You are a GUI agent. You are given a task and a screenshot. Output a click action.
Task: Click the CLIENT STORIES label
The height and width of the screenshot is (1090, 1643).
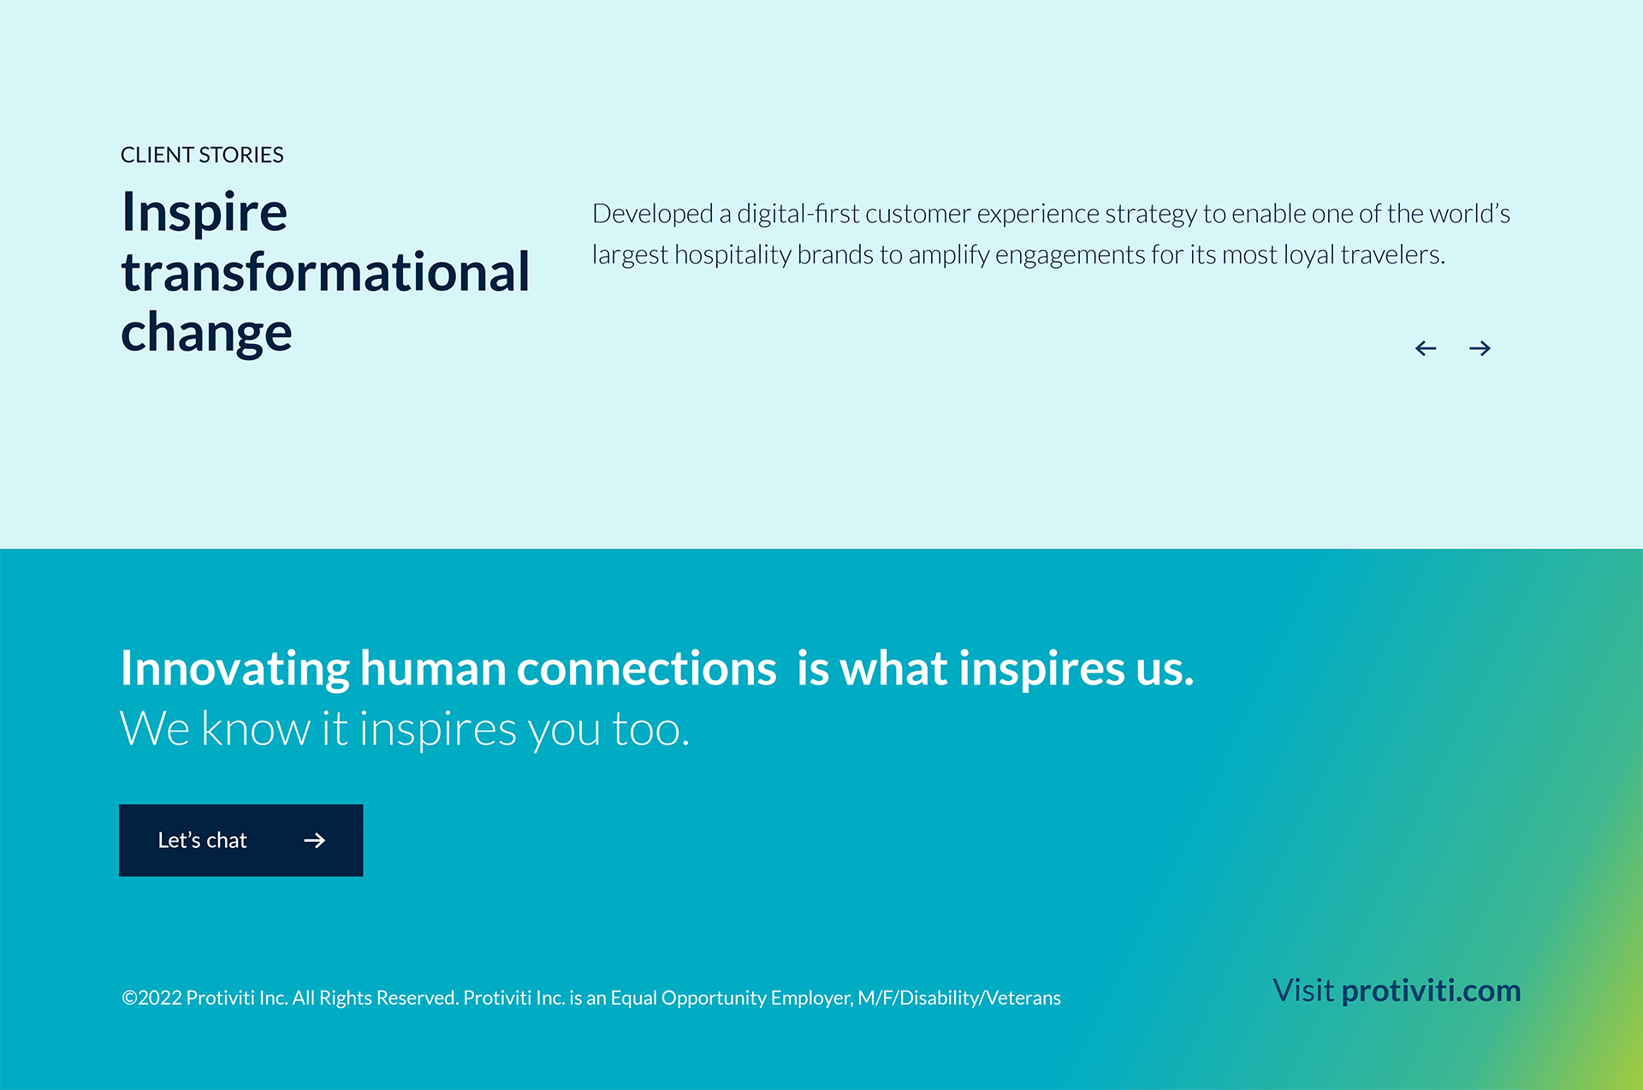tap(202, 155)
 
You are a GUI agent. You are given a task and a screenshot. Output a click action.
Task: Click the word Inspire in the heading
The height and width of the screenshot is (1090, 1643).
tap(205, 212)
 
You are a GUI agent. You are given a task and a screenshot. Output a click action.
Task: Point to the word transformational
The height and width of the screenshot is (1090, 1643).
tap(325, 272)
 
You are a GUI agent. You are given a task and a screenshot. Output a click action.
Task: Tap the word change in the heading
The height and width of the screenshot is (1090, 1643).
tap(206, 333)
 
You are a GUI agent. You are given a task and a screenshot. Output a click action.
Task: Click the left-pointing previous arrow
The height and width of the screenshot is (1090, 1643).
tap(1426, 348)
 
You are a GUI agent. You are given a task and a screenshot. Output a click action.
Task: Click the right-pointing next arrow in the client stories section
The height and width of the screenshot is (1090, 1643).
tap(1480, 348)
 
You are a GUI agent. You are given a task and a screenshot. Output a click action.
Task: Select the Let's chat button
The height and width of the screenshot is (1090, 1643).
tap(241, 840)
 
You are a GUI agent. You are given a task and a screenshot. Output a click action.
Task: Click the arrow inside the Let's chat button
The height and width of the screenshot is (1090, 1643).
tap(315, 840)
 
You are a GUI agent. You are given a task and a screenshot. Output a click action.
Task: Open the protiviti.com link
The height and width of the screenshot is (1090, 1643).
tap(1432, 991)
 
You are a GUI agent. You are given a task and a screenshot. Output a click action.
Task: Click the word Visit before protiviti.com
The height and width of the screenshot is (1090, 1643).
tap(1303, 990)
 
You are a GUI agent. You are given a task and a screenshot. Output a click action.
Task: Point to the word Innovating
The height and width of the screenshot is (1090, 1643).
tap(235, 668)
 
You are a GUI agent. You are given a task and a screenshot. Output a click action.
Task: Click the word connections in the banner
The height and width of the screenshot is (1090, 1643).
tap(647, 668)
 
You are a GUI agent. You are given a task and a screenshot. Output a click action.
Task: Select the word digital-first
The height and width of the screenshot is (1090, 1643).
tap(798, 213)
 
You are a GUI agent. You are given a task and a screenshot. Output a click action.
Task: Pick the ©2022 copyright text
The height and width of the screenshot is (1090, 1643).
tap(151, 998)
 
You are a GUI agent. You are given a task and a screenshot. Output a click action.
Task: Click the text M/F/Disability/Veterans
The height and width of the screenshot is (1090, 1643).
tap(959, 998)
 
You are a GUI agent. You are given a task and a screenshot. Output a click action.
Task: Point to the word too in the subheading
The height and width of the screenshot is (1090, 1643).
tap(651, 730)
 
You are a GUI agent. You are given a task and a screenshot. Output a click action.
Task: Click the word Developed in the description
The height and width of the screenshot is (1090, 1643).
tap(653, 214)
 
